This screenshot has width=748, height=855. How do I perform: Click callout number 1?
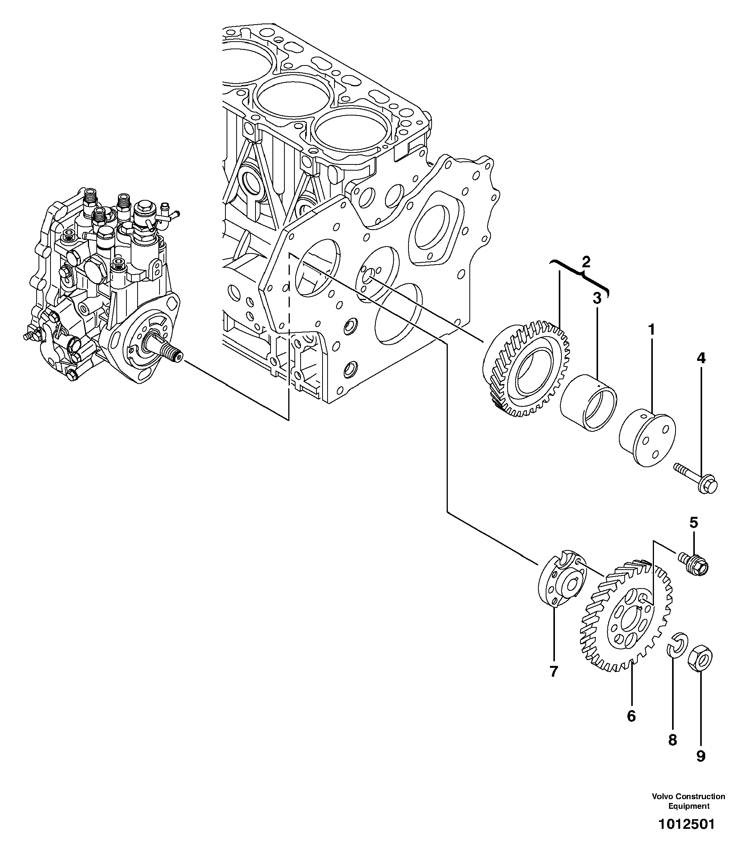coord(651,330)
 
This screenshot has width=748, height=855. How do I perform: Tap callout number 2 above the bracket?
coord(586,262)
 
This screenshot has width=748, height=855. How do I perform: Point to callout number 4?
coord(701,358)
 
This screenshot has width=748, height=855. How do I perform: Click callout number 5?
coord(693,522)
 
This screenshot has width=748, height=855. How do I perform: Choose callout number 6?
coord(631,716)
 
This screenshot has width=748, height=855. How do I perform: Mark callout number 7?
coord(553,672)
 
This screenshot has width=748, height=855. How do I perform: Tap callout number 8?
coord(672,740)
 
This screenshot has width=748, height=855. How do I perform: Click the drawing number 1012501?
coord(686,824)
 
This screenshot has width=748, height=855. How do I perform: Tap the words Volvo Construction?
coord(688,796)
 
